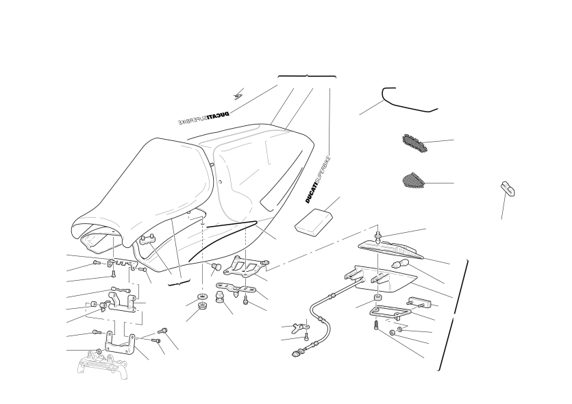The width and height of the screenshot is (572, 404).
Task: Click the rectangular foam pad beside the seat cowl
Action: pyautogui.click(x=314, y=220)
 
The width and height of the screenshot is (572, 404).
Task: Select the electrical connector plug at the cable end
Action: pyautogui.click(x=296, y=353)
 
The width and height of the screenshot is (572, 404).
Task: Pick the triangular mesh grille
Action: pyautogui.click(x=414, y=181)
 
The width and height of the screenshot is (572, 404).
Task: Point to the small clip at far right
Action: pyautogui.click(x=508, y=188)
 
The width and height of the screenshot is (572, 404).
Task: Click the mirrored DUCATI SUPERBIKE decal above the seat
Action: pyautogui.click(x=203, y=118)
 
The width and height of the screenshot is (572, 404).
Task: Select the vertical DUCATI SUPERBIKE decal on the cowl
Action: pyautogui.click(x=317, y=179)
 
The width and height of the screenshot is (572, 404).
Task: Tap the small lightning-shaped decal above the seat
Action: pyautogui.click(x=238, y=94)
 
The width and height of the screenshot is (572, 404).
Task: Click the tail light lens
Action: pyautogui.click(x=390, y=250)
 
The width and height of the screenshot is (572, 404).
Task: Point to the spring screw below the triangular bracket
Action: pyautogui.click(x=375, y=325)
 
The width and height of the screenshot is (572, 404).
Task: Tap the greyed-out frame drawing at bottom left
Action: pyautogui.click(x=103, y=364)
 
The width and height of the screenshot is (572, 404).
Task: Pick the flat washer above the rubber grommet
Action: pyautogui.click(x=201, y=295)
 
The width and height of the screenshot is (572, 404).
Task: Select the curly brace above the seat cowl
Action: pyautogui.click(x=307, y=76)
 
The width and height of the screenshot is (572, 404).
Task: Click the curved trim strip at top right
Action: pyautogui.click(x=408, y=100)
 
